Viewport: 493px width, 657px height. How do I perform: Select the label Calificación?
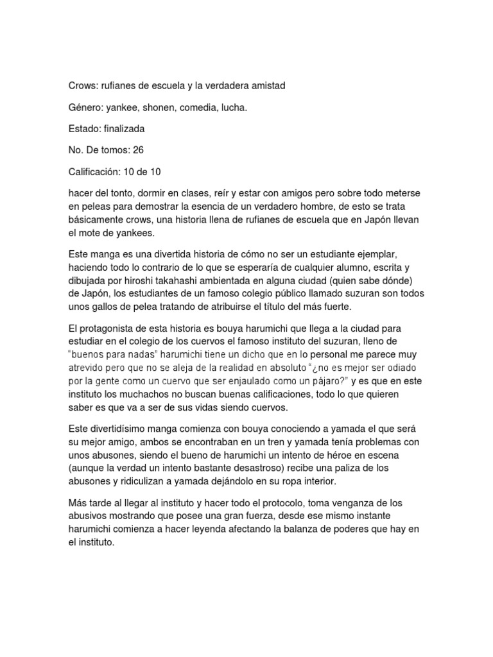(x=97, y=171)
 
